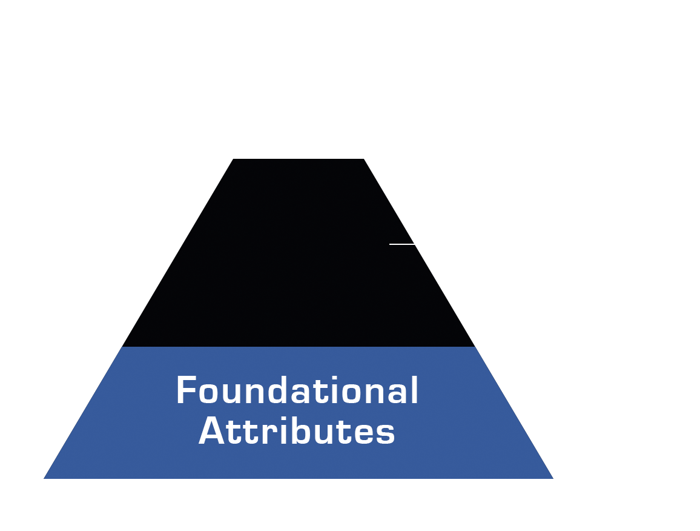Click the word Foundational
click(297, 390)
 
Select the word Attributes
click(297, 432)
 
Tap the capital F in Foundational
click(186, 390)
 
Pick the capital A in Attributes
click(212, 432)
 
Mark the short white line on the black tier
click(401, 244)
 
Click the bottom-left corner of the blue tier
click(45, 478)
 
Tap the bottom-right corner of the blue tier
click(552, 478)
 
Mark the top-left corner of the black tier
click(234, 160)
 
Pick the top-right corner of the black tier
click(363, 160)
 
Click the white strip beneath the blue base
click(297, 492)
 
